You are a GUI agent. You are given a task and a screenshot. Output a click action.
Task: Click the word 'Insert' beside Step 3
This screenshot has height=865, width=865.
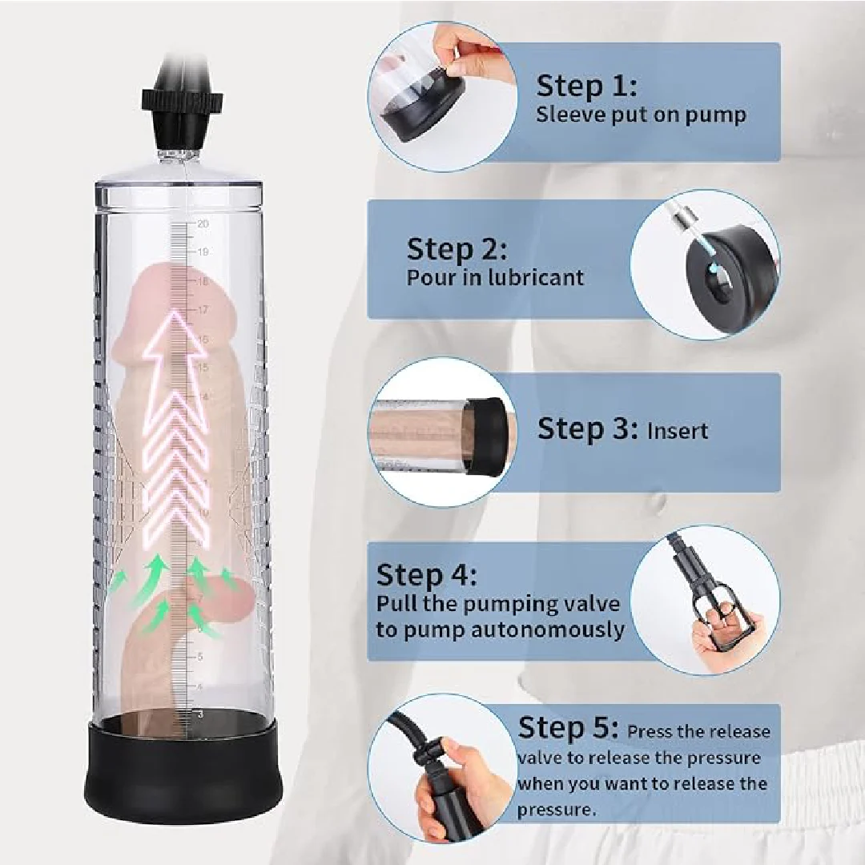tap(678, 431)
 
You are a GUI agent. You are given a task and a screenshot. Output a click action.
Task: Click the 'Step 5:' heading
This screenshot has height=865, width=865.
tap(568, 728)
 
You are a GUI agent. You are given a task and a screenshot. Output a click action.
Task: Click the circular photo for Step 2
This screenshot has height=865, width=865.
tap(705, 264)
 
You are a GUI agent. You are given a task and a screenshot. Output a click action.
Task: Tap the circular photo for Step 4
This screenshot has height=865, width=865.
tap(705, 600)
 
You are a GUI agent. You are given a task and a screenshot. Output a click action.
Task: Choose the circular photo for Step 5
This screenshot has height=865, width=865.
tap(449, 770)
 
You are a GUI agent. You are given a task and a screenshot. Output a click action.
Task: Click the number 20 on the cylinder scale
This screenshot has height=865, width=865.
tap(203, 223)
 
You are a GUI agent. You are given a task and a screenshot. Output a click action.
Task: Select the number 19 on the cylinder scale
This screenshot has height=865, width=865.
tap(203, 251)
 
